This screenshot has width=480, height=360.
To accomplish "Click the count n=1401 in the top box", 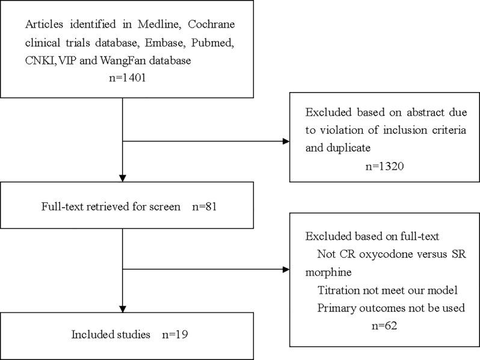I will [123, 78].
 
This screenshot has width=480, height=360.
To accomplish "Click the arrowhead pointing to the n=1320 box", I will [285, 143].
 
